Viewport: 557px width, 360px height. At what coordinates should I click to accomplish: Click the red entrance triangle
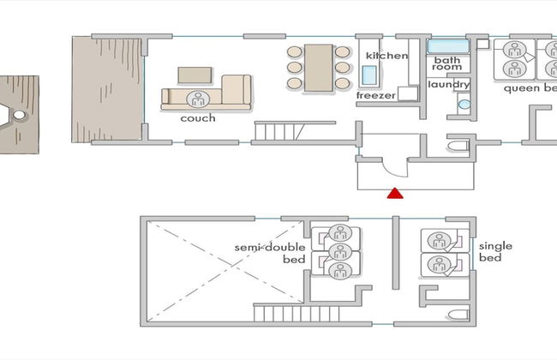(395, 194)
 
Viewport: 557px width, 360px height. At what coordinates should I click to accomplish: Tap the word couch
(198, 118)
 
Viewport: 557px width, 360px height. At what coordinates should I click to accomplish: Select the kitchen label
(386, 56)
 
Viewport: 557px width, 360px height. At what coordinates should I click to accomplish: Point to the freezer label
(376, 95)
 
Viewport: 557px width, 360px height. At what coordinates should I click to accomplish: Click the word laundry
(449, 85)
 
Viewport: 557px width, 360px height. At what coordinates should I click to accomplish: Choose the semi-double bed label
(270, 253)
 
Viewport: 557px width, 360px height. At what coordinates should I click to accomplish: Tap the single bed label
(495, 252)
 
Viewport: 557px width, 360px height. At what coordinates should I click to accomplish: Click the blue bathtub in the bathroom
(448, 46)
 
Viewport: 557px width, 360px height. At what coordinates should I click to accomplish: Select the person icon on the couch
(198, 99)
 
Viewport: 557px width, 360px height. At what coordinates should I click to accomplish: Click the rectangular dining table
(319, 68)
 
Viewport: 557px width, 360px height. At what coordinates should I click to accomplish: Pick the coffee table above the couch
(195, 75)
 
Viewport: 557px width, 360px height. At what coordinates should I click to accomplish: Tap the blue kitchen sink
(369, 75)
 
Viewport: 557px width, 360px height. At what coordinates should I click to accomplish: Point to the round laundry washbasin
(464, 104)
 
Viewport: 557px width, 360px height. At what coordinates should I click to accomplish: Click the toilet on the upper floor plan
(458, 146)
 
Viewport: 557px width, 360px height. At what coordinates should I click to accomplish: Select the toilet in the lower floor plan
(458, 315)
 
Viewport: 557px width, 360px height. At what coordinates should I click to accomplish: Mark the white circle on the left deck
(19, 115)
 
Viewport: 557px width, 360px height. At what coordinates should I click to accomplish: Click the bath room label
(446, 63)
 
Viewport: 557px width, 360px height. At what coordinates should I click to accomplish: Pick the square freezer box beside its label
(407, 93)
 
